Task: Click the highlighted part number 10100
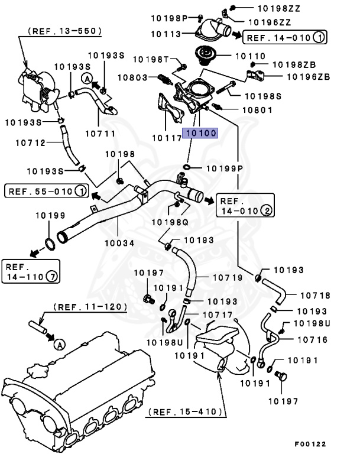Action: pos(200,134)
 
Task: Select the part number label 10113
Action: pos(165,34)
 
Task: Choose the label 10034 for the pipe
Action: pos(119,243)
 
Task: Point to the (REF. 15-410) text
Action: pos(186,411)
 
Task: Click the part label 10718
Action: pos(315,295)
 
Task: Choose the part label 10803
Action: pos(132,77)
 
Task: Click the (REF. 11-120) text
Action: pos(90,306)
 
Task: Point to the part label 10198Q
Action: pos(169,222)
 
